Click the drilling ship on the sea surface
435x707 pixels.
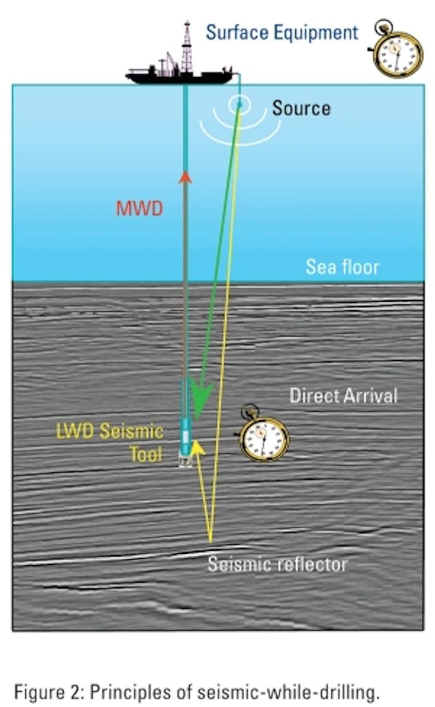[179, 75]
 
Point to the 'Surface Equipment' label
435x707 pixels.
[282, 32]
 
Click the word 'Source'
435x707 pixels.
[301, 108]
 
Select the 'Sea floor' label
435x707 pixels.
[342, 267]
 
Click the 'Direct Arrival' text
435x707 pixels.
[344, 395]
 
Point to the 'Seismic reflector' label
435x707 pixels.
[277, 564]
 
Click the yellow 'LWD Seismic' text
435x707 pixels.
[110, 431]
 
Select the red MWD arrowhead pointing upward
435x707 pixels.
[185, 177]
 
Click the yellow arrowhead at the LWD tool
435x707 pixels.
[197, 447]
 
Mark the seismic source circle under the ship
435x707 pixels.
[239, 104]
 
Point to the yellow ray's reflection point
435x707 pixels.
[211, 541]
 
